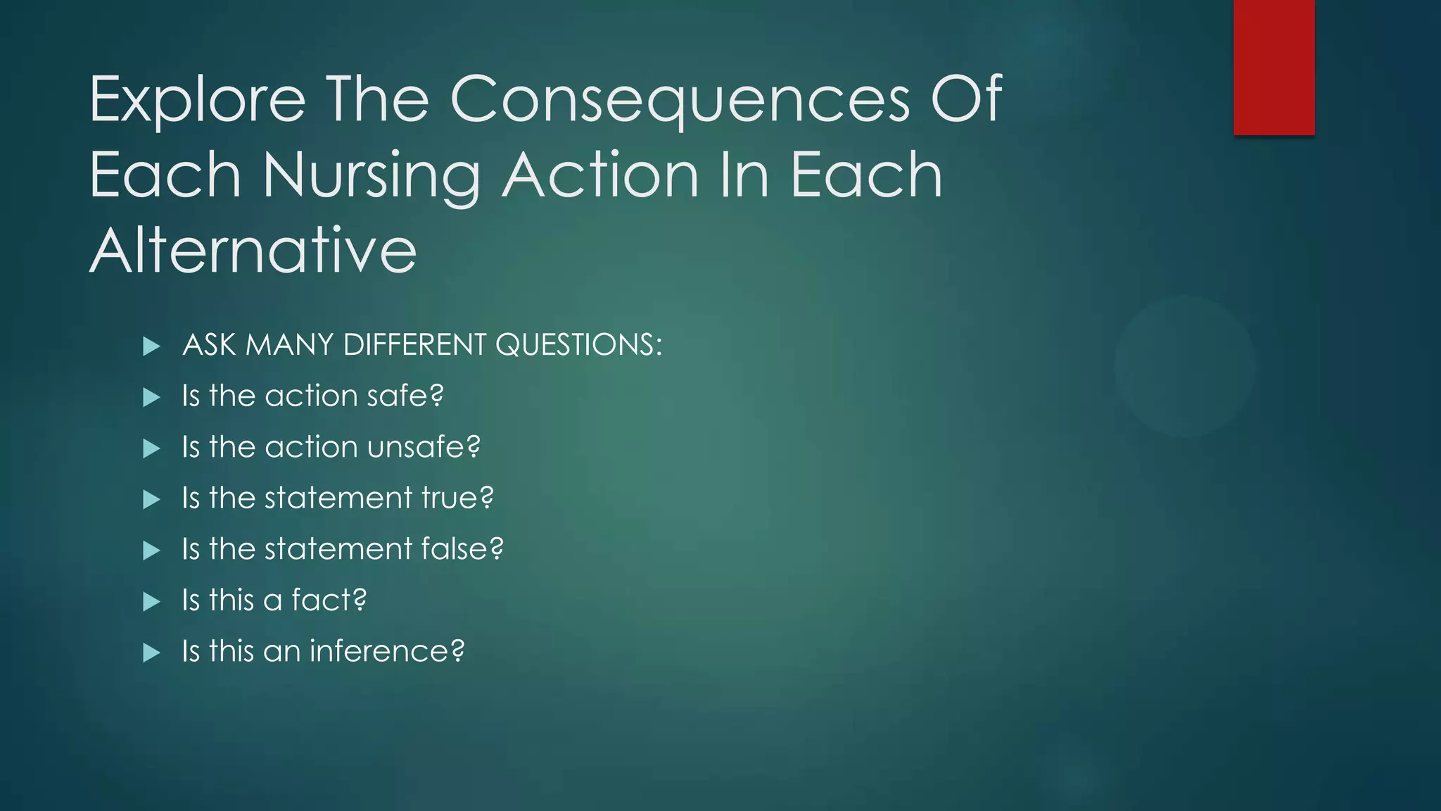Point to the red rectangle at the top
(1274, 67)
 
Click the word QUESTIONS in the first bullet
(578, 345)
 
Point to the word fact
(329, 600)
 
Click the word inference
(386, 651)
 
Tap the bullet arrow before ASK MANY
(151, 346)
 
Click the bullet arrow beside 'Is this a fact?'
(151, 601)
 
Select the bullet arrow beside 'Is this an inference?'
(151, 653)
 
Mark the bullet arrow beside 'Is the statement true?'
(151, 499)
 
